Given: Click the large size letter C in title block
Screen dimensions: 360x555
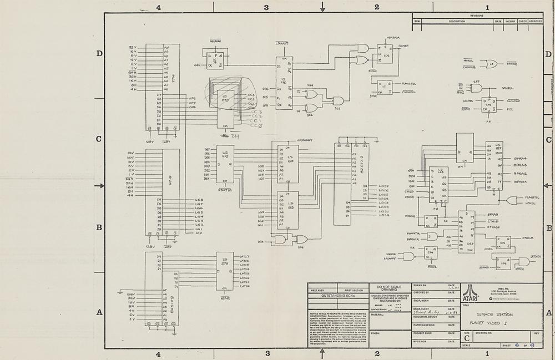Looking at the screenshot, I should [x=467, y=337].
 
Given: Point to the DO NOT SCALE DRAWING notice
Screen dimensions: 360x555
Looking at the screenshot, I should [x=392, y=288].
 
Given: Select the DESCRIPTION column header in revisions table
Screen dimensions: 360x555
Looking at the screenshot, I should [x=457, y=22].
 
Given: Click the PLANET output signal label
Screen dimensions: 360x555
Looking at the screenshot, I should [x=403, y=46].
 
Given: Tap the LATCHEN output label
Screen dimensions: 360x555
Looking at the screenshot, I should [x=535, y=256].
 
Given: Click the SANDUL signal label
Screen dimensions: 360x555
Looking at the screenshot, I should [x=507, y=88].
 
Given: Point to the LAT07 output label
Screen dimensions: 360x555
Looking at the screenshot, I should [x=245, y=256].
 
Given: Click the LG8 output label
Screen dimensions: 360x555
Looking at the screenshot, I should [x=199, y=200].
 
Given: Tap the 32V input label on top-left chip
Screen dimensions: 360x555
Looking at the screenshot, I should [x=133, y=47].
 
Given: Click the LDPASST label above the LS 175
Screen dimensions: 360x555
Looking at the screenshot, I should [x=282, y=43].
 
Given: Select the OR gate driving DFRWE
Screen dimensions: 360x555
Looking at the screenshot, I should [x=491, y=64].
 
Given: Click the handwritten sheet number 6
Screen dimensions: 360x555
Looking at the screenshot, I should [x=516, y=344].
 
